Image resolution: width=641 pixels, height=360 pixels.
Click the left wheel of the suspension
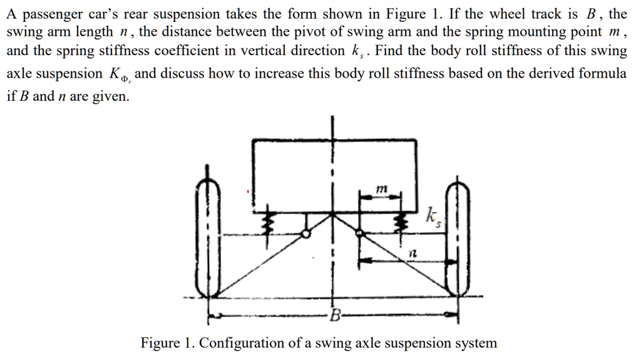coord(207,238)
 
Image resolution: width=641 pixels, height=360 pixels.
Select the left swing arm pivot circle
coord(305,234)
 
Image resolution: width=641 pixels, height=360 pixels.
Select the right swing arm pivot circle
coord(359,233)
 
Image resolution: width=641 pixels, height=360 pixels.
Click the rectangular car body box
coord(334,175)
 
